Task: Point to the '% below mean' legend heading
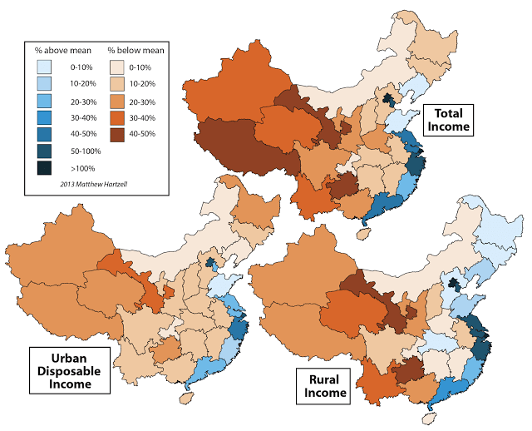click(x=137, y=51)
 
